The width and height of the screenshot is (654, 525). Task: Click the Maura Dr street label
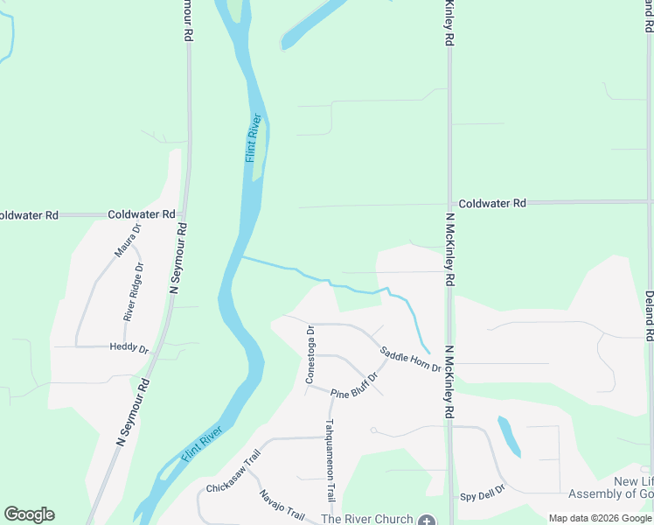[128, 241]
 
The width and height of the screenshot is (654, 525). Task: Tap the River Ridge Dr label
[134, 292]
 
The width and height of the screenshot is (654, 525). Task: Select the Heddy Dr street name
[129, 348]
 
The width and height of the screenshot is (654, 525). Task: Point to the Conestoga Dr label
[310, 354]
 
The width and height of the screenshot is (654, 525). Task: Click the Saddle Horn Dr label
[410, 358]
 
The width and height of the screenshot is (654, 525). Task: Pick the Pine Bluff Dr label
[354, 386]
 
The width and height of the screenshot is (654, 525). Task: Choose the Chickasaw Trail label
[233, 471]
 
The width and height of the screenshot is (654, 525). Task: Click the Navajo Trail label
[279, 506]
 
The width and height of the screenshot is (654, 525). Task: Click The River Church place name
[366, 519]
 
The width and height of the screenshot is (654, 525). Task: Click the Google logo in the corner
[29, 514]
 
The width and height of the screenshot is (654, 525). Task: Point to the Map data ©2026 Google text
[601, 518]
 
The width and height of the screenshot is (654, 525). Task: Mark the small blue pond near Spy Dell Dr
[508, 436]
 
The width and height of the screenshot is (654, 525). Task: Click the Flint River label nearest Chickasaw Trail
[202, 444]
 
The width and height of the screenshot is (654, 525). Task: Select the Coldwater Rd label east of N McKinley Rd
[492, 203]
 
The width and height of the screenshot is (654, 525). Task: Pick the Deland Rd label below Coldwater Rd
[649, 316]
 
